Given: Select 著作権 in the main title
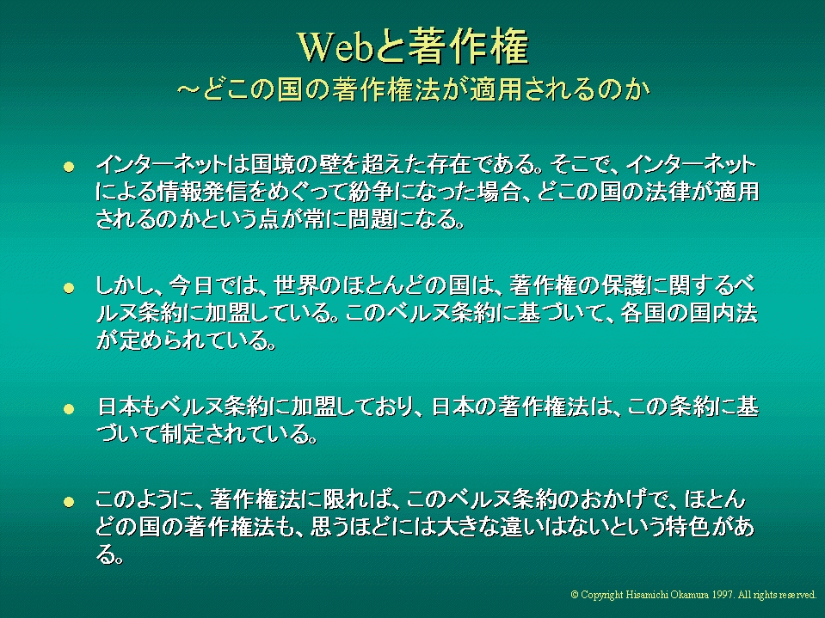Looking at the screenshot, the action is tap(468, 46).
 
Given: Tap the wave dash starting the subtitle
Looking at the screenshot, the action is tap(188, 89).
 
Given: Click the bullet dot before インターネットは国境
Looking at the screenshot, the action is tap(69, 167).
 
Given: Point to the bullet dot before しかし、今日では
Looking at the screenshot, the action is tap(69, 288).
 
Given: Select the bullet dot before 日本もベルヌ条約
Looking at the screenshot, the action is tap(69, 409).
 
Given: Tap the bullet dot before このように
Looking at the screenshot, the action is tap(69, 502).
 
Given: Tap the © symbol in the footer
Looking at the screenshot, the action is tap(575, 595).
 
